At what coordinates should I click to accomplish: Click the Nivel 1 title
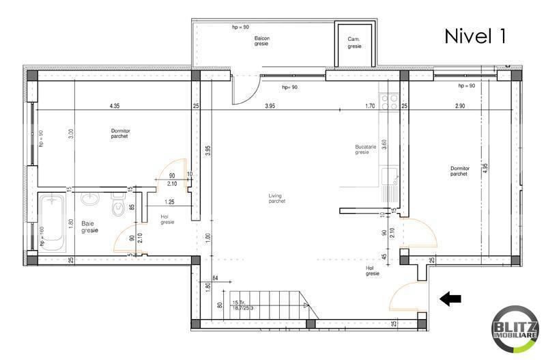click(476, 37)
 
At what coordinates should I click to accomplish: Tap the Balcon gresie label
click(259, 40)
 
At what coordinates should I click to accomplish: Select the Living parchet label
click(276, 199)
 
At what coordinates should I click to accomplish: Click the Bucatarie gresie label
click(362, 150)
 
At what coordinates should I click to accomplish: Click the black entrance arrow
click(451, 298)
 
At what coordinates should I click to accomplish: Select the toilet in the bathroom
click(117, 208)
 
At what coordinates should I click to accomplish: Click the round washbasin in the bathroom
click(90, 199)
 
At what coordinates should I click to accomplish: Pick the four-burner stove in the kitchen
click(390, 103)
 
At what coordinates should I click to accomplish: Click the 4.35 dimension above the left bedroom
click(115, 106)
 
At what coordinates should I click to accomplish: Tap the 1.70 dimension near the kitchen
click(371, 106)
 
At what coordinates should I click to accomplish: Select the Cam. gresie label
click(354, 43)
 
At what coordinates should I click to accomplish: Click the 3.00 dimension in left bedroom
click(70, 135)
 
